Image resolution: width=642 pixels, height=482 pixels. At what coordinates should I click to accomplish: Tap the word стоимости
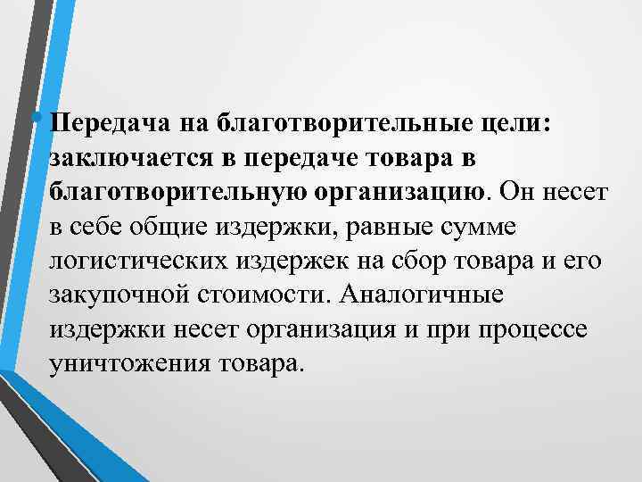pyautogui.click(x=252, y=293)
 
